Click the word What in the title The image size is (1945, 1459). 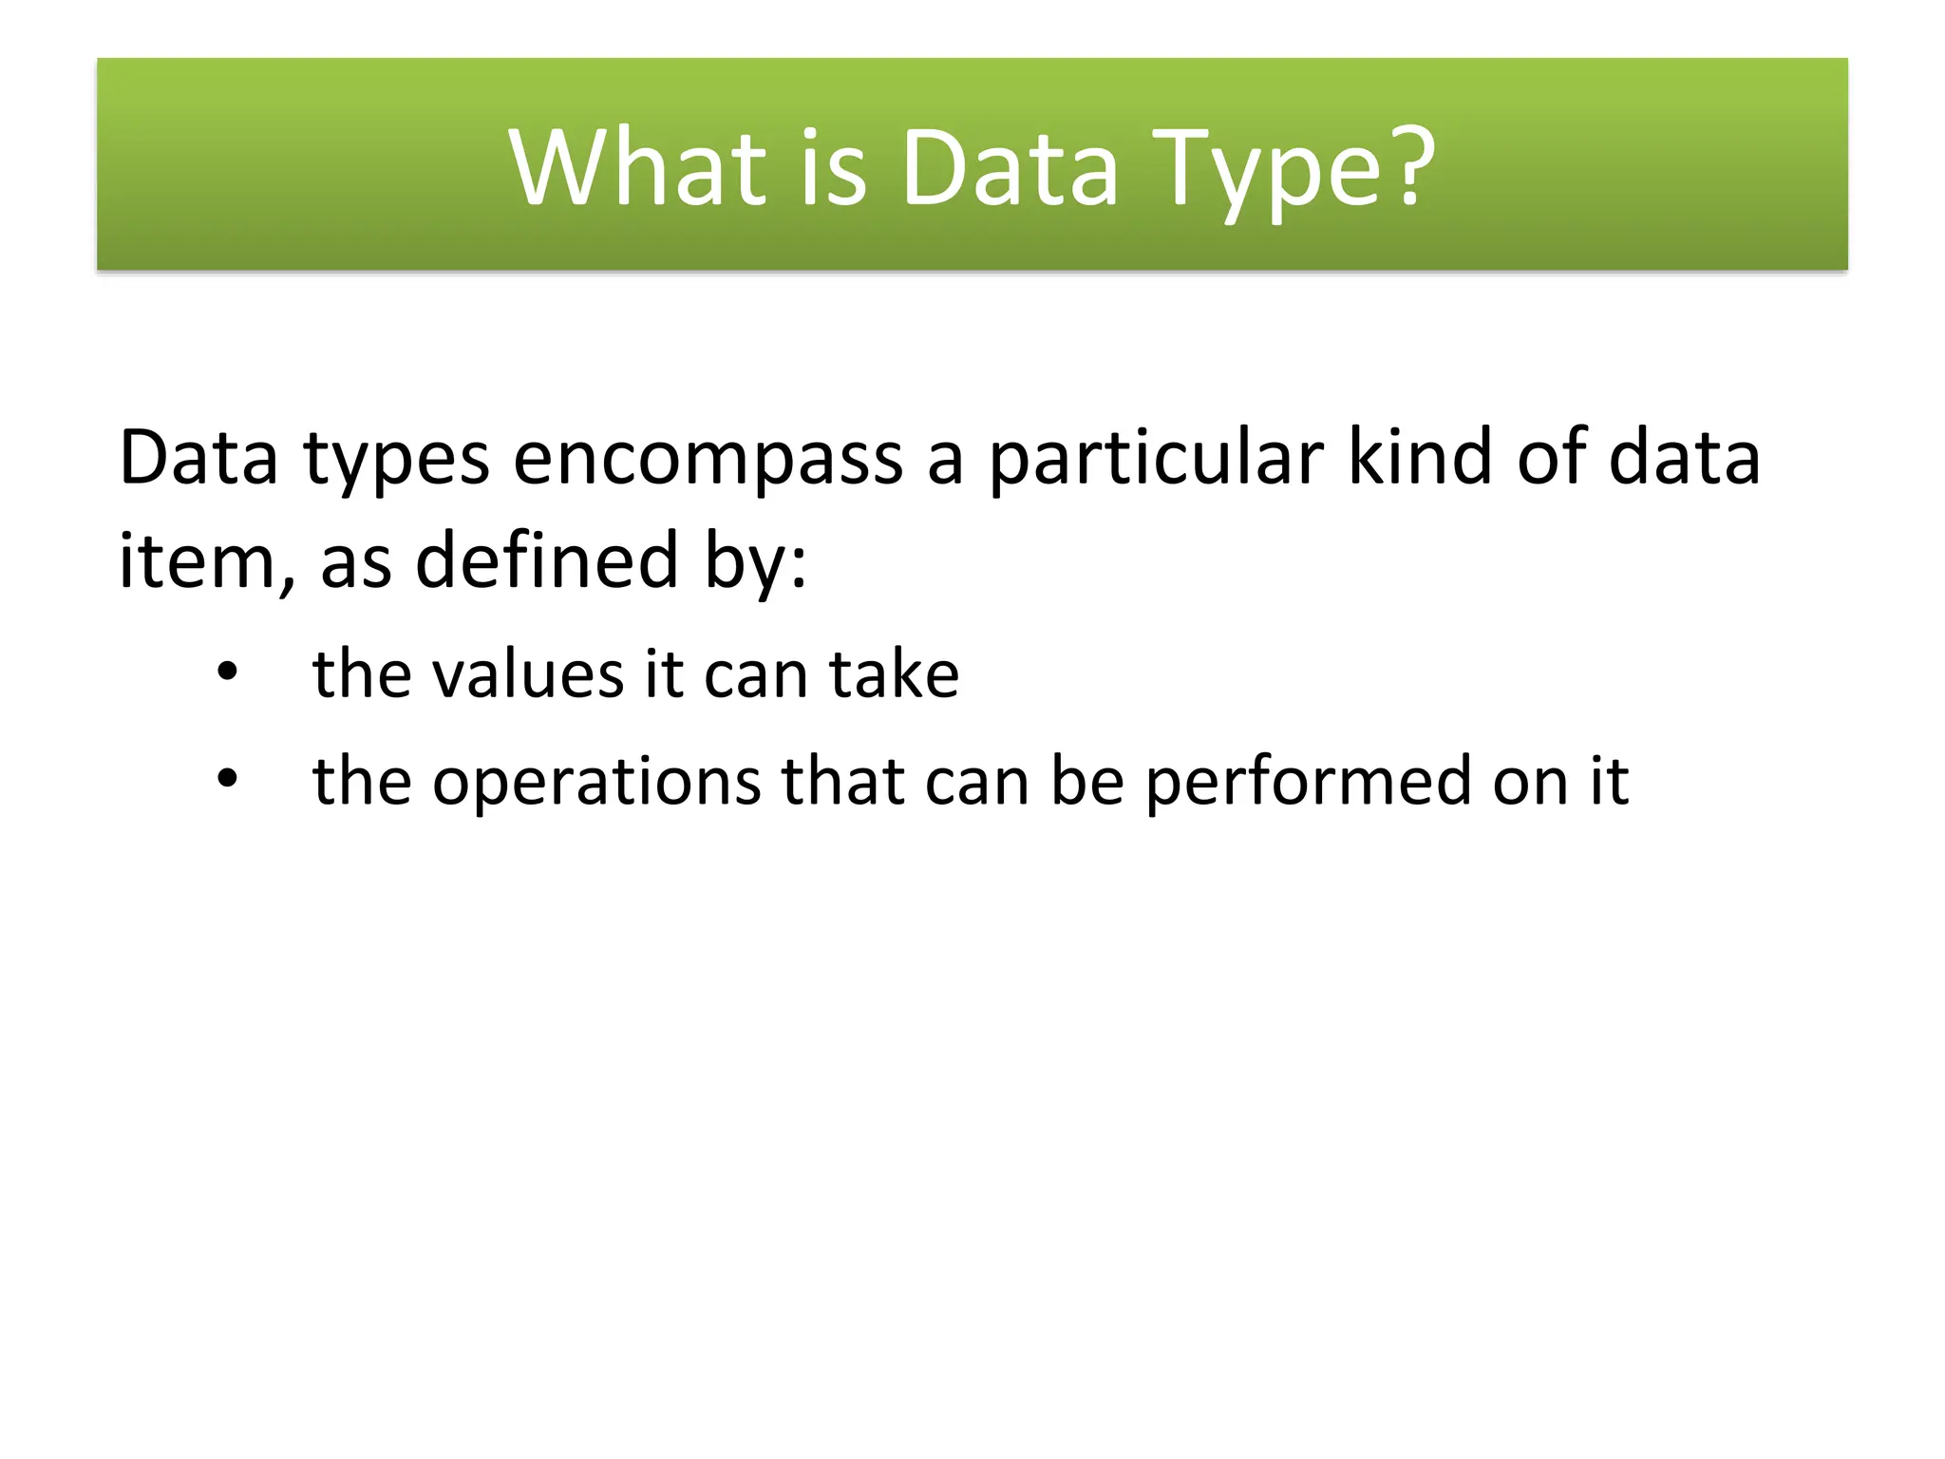637,168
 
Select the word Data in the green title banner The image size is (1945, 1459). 1010,168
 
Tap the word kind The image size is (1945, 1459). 1419,458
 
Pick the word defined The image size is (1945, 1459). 548,560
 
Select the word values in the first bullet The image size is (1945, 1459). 527,674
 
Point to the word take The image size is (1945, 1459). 894,674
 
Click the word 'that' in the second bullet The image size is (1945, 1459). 842,781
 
